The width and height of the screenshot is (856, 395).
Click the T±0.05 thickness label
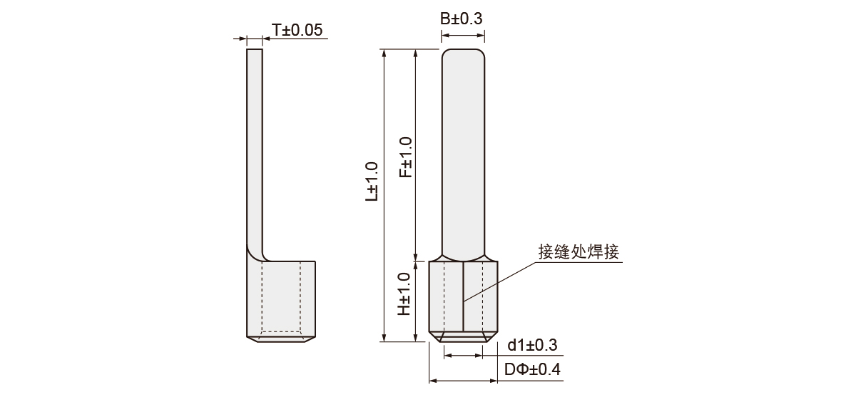297,30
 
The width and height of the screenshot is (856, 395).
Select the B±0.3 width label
462,19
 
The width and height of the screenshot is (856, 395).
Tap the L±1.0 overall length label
372,181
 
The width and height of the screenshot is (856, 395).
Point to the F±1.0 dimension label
406,157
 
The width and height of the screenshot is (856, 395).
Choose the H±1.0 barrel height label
404,294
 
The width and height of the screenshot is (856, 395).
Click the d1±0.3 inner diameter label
532,345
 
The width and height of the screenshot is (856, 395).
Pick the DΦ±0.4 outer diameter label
532,369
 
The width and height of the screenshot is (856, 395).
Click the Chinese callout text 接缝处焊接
579,252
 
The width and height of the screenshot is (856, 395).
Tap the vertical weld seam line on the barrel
464,296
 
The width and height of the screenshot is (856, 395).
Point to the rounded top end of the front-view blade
463,50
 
